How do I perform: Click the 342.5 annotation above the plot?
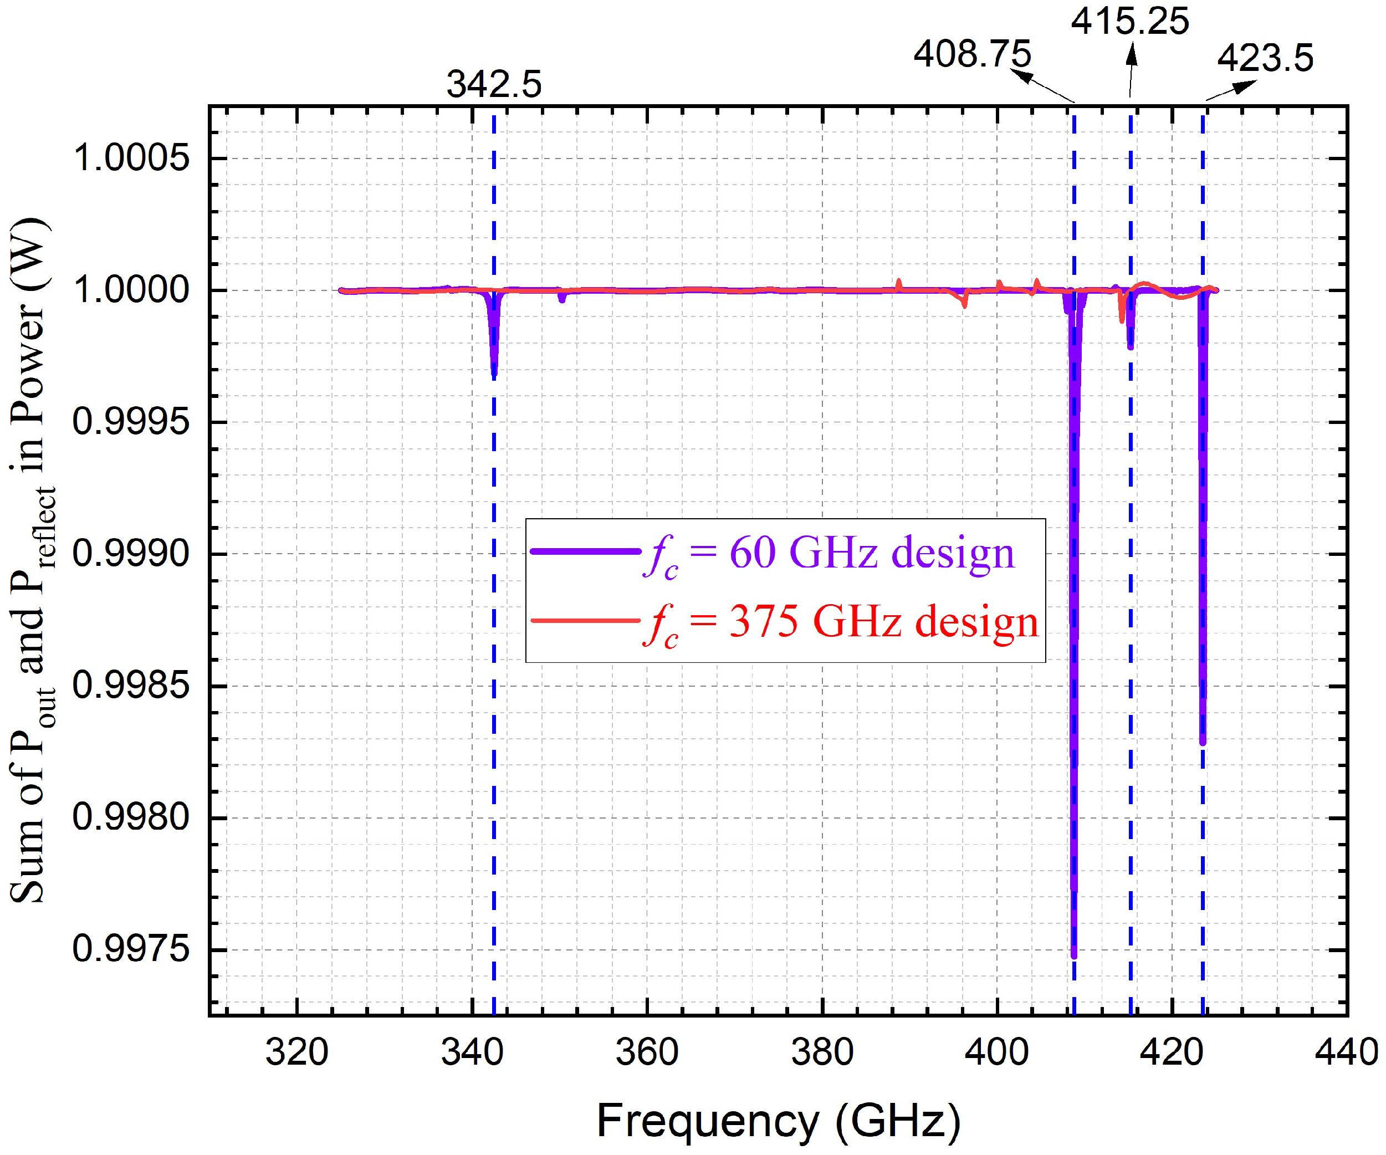coord(494,84)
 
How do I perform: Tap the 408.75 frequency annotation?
coord(971,54)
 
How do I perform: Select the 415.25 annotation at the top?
coord(1129,22)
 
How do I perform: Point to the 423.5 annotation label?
coord(1265,58)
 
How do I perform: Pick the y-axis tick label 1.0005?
coord(131,159)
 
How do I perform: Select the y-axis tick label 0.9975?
coord(131,950)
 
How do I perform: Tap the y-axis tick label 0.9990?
coord(131,554)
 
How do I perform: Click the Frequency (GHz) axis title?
coord(778,1121)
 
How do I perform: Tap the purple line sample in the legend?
coord(585,551)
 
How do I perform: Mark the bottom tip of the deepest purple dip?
coord(1074,955)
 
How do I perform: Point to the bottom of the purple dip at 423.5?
coord(1203,742)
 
